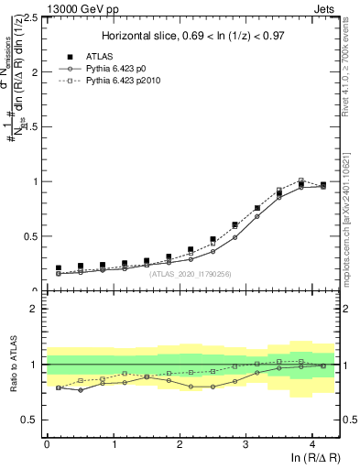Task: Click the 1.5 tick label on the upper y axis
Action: tap(30, 126)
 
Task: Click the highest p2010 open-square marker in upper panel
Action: tap(301, 180)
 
